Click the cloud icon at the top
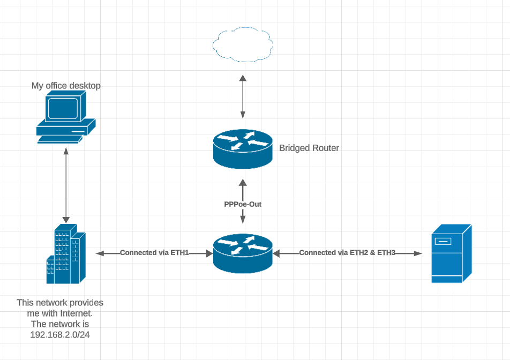(243, 44)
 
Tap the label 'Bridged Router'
(309, 148)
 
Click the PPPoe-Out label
(243, 204)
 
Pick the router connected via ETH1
(243, 253)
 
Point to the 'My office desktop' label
(66, 86)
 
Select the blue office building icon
(65, 255)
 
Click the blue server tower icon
(452, 253)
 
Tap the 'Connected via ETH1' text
(154, 252)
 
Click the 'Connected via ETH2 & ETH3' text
(347, 252)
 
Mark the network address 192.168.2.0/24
(59, 335)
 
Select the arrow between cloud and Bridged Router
(243, 97)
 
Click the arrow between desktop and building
(66, 185)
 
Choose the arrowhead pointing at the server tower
(418, 253)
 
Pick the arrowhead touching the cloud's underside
(243, 78)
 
